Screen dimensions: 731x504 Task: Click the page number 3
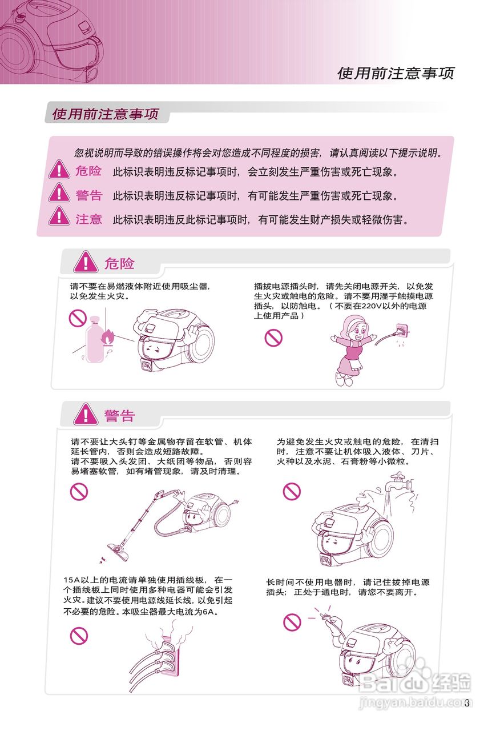(466, 703)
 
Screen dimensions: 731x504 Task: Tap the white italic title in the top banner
(396, 73)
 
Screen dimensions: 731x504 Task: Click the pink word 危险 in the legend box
(88, 171)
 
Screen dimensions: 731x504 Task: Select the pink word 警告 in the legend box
(88, 195)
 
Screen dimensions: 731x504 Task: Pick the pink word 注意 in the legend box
(88, 219)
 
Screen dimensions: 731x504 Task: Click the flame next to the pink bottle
(106, 339)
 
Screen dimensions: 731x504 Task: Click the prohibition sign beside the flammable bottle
(77, 318)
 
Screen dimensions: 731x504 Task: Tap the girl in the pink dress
(350, 348)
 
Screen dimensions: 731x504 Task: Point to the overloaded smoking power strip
(166, 657)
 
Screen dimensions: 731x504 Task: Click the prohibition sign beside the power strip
(79, 635)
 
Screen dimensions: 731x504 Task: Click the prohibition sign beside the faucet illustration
(292, 491)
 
